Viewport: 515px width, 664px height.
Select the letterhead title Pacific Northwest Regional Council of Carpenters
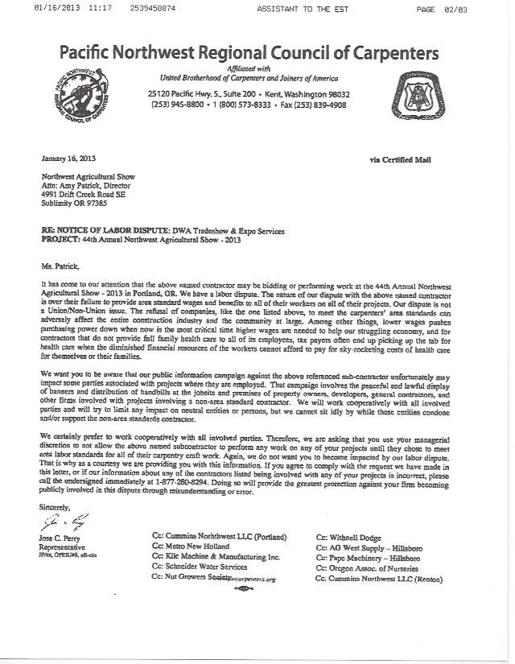(249, 54)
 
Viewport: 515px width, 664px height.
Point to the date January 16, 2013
(67, 159)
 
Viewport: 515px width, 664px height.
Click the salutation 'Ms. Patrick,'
(59, 263)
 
